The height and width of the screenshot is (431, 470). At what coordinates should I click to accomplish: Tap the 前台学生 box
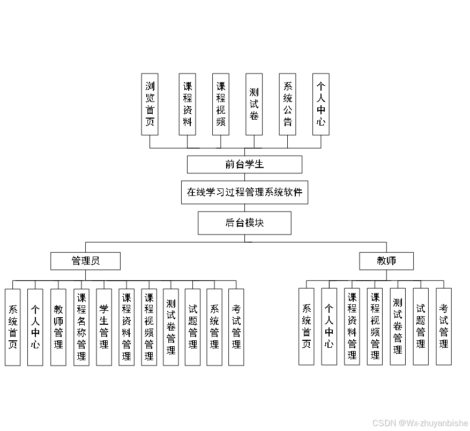coord(244,164)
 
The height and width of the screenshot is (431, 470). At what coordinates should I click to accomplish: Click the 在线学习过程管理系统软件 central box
coord(244,192)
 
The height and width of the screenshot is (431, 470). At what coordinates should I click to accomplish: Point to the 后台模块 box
coord(244,223)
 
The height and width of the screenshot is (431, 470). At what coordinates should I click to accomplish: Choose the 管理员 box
coord(86,261)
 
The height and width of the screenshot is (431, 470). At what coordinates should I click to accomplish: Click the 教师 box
coord(386,261)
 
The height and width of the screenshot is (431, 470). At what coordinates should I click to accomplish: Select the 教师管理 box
coord(58,327)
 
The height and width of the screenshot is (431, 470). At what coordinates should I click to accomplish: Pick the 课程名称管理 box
coord(81,327)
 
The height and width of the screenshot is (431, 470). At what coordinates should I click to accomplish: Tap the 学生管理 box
coord(104,327)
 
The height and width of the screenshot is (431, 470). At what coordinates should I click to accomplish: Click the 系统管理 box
coord(214,327)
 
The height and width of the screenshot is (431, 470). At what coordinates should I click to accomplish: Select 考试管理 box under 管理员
coord(236,327)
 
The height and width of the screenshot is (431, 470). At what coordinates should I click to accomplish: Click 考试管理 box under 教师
coord(444,326)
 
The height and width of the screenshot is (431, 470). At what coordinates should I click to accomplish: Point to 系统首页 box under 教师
coord(307,326)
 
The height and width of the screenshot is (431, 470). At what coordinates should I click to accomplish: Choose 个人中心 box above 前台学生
coord(321,104)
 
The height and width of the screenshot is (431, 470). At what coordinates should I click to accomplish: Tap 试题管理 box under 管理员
coord(193,327)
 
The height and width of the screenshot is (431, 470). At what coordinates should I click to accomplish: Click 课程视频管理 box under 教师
coord(375,326)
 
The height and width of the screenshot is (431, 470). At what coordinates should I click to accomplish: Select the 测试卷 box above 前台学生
coord(254,104)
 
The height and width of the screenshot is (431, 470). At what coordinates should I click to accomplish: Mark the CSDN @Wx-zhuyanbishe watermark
coord(420,423)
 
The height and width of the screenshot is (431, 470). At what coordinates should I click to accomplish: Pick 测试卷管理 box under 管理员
coord(171,327)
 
